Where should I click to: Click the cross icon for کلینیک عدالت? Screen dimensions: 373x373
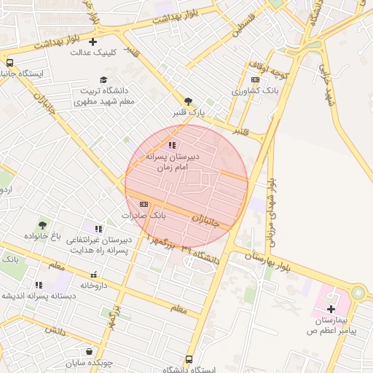coord(93,42)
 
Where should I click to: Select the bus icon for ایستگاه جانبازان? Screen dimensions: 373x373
coord(10,63)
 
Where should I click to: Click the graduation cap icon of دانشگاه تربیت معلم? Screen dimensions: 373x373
coord(103,79)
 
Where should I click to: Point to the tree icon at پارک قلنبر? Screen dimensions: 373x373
coord(188,101)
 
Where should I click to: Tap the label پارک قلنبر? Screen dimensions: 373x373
coord(189,113)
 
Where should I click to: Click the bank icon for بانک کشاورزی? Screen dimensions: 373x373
coord(254,80)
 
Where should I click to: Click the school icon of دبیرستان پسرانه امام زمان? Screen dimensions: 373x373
coord(172,145)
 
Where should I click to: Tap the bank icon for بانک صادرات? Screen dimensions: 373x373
coord(144,204)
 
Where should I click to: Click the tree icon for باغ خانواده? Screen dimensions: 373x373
coord(42,224)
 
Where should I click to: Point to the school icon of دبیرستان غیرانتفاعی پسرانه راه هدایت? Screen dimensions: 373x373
coord(98,229)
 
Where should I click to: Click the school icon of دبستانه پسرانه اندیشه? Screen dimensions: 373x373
coord(38,285)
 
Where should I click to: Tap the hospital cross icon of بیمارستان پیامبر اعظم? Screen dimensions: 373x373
coord(331,309)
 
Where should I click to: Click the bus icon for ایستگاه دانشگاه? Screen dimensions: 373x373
coord(189,359)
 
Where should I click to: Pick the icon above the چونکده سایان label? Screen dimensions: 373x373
coord(89,352)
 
